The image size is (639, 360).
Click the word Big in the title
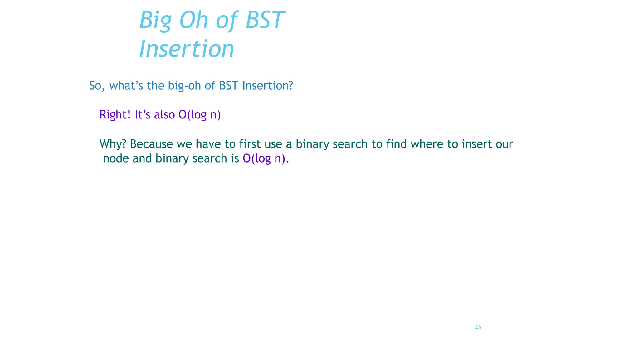pos(155,21)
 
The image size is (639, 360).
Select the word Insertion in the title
pos(187,49)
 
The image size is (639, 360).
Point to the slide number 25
pos(478,327)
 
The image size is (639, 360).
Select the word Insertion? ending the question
pos(267,86)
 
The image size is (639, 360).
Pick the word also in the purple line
pos(164,115)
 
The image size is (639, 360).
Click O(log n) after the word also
pos(199,115)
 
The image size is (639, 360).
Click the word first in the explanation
pos(250,144)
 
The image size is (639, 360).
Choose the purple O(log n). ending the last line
pos(266,158)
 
